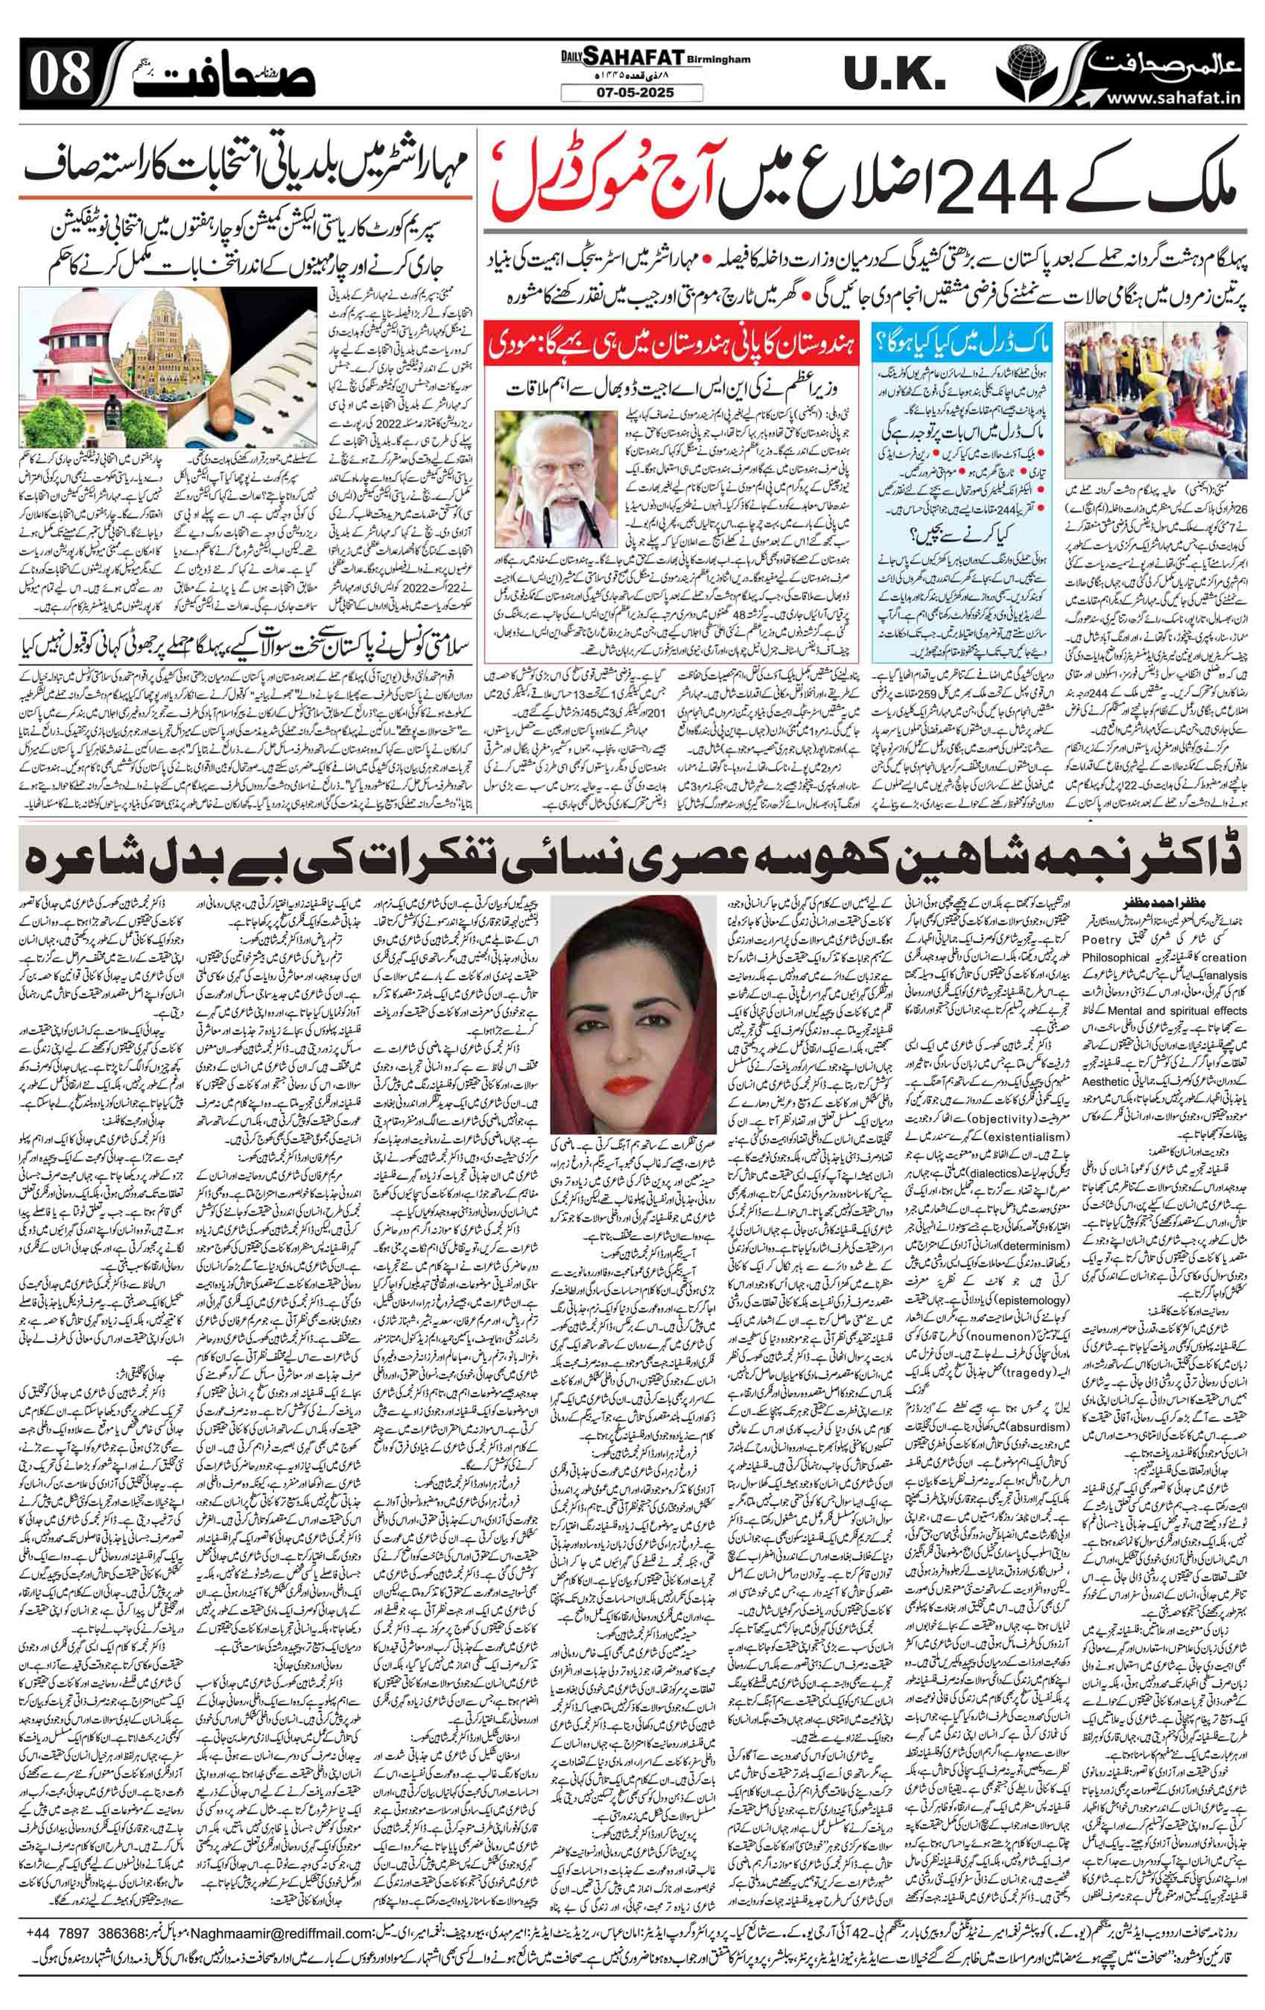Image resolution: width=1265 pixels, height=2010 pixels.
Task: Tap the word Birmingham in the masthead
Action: [720, 59]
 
